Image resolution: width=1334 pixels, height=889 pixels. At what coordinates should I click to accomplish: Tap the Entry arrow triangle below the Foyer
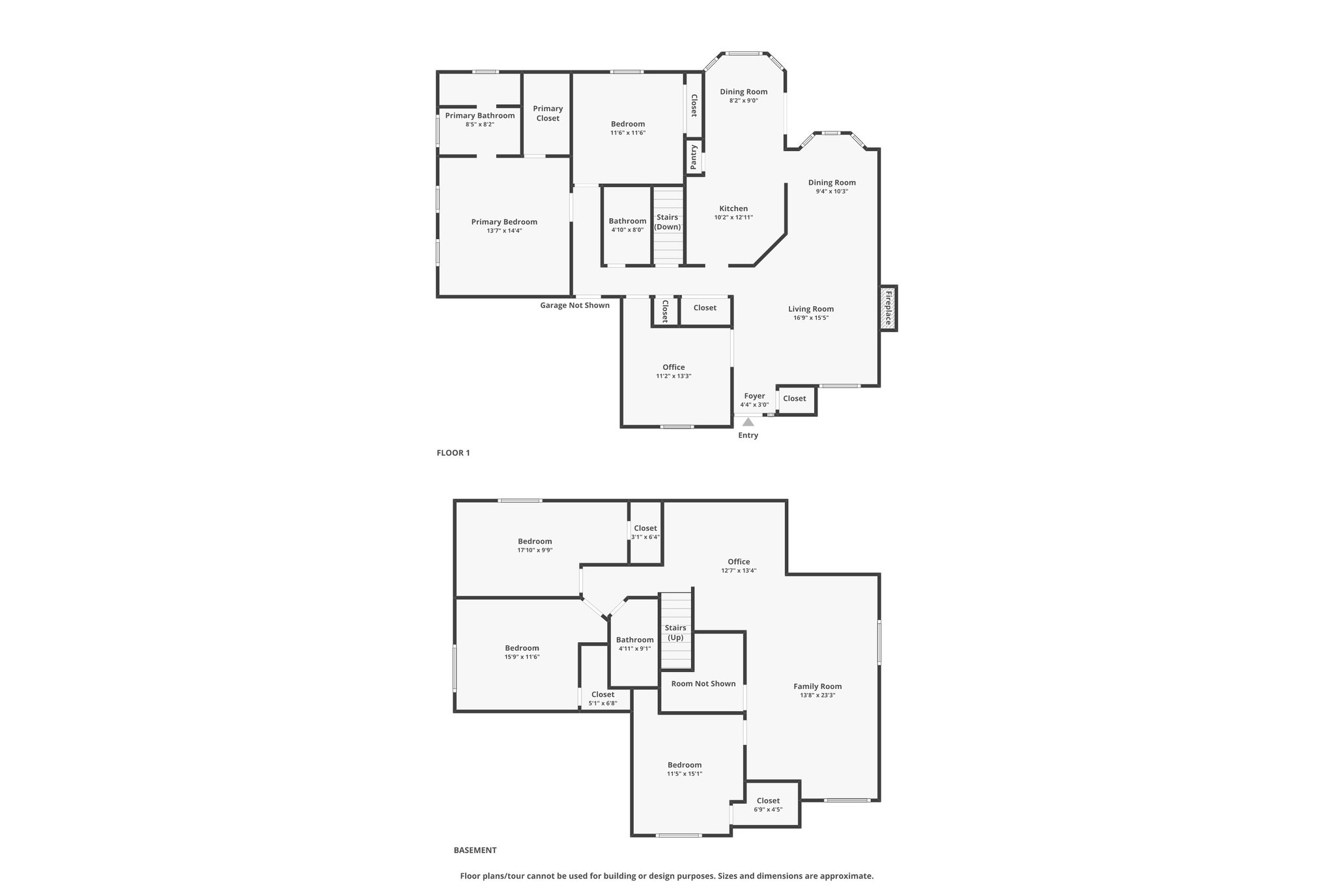pyautogui.click(x=748, y=422)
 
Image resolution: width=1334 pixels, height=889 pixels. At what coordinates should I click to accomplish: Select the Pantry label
pyautogui.click(x=694, y=157)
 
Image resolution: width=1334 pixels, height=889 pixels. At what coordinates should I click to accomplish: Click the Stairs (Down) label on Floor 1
pyautogui.click(x=668, y=222)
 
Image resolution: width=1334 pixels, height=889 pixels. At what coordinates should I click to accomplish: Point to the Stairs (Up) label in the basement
pyautogui.click(x=675, y=632)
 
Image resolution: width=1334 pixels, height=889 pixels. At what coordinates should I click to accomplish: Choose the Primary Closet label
pyautogui.click(x=548, y=113)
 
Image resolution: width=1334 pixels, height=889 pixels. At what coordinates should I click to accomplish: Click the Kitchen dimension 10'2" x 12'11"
pyautogui.click(x=733, y=218)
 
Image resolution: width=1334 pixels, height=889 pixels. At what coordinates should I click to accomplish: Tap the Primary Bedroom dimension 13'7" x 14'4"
pyautogui.click(x=504, y=231)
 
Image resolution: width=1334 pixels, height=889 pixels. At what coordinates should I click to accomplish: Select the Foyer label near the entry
pyautogui.click(x=754, y=396)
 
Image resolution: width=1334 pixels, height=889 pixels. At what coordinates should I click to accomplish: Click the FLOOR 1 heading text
pyautogui.click(x=453, y=453)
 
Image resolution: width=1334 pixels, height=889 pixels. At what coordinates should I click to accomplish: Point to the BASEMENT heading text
pyautogui.click(x=475, y=850)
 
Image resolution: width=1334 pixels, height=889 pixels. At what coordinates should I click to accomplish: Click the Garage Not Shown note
pyautogui.click(x=575, y=305)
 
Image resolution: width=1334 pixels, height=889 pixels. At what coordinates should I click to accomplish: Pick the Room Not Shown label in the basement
pyautogui.click(x=703, y=683)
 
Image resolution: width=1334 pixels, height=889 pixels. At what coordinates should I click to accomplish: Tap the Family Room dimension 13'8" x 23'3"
pyautogui.click(x=817, y=695)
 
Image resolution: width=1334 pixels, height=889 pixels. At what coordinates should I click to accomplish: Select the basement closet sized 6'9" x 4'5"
pyautogui.click(x=768, y=805)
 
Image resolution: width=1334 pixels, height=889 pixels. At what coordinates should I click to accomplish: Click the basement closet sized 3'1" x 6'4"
pyautogui.click(x=646, y=532)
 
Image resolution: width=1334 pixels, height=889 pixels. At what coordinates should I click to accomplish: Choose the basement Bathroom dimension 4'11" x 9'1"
pyautogui.click(x=634, y=648)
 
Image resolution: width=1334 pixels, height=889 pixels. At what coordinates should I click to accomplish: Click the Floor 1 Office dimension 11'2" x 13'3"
pyautogui.click(x=674, y=376)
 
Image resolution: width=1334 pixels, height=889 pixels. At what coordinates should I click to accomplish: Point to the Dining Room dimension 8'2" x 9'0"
pyautogui.click(x=743, y=100)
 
